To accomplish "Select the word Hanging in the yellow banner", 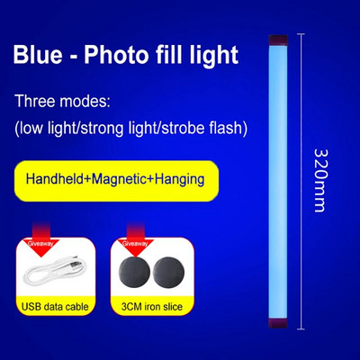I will pyautogui.click(x=175, y=179).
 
